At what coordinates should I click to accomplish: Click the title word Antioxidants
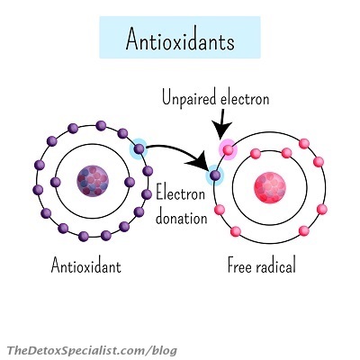180,40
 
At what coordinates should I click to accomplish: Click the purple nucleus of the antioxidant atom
93,181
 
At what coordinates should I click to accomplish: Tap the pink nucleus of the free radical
270,188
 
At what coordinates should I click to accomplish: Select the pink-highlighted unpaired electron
228,149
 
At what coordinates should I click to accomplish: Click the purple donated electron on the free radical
215,175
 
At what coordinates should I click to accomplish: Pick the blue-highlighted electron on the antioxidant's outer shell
139,148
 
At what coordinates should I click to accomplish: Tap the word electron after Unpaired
245,99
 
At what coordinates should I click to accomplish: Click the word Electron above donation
181,193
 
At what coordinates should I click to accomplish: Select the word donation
182,217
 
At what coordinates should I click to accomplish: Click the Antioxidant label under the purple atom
86,265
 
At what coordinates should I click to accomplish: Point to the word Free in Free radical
239,265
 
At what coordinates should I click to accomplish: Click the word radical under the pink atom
275,265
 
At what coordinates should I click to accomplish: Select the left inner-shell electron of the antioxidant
56,182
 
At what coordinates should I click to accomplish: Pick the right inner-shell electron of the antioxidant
130,182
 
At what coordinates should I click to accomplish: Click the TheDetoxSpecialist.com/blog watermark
92,350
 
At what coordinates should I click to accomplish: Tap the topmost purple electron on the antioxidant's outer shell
101,125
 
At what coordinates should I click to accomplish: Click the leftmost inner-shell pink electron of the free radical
256,154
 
